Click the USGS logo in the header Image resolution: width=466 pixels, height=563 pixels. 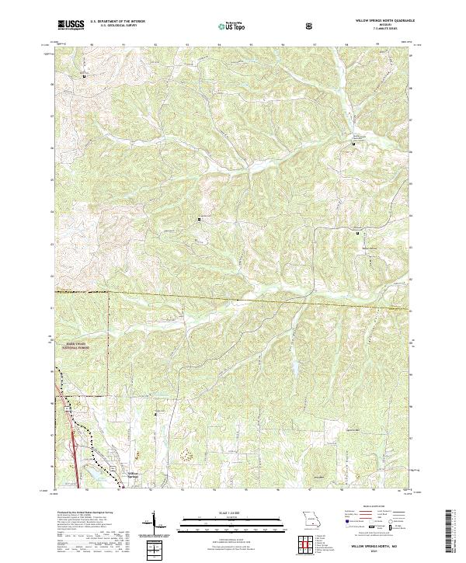click(71, 26)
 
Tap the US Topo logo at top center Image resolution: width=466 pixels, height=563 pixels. click(235, 26)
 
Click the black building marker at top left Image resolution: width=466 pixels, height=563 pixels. click(85, 76)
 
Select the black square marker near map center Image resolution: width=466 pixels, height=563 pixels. click(200, 220)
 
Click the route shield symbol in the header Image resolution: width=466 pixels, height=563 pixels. click(311, 26)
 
